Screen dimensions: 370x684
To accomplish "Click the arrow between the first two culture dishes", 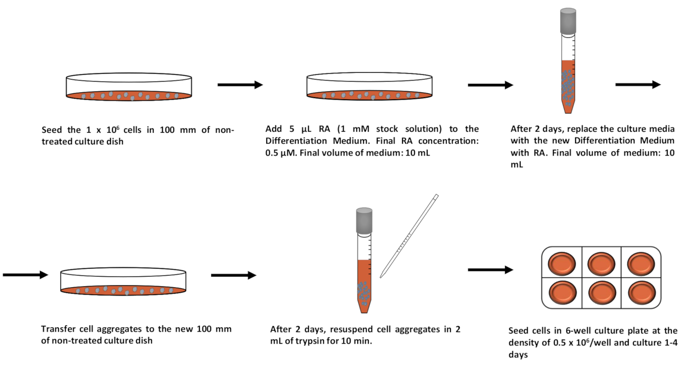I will coord(240,84).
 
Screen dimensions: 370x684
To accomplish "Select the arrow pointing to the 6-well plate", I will coord(490,270).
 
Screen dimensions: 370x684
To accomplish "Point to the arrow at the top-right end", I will coord(638,84).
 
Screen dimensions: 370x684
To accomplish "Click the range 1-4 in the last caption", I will coord(668,343).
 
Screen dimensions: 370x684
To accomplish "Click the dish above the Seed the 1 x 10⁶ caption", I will coord(129,87).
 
